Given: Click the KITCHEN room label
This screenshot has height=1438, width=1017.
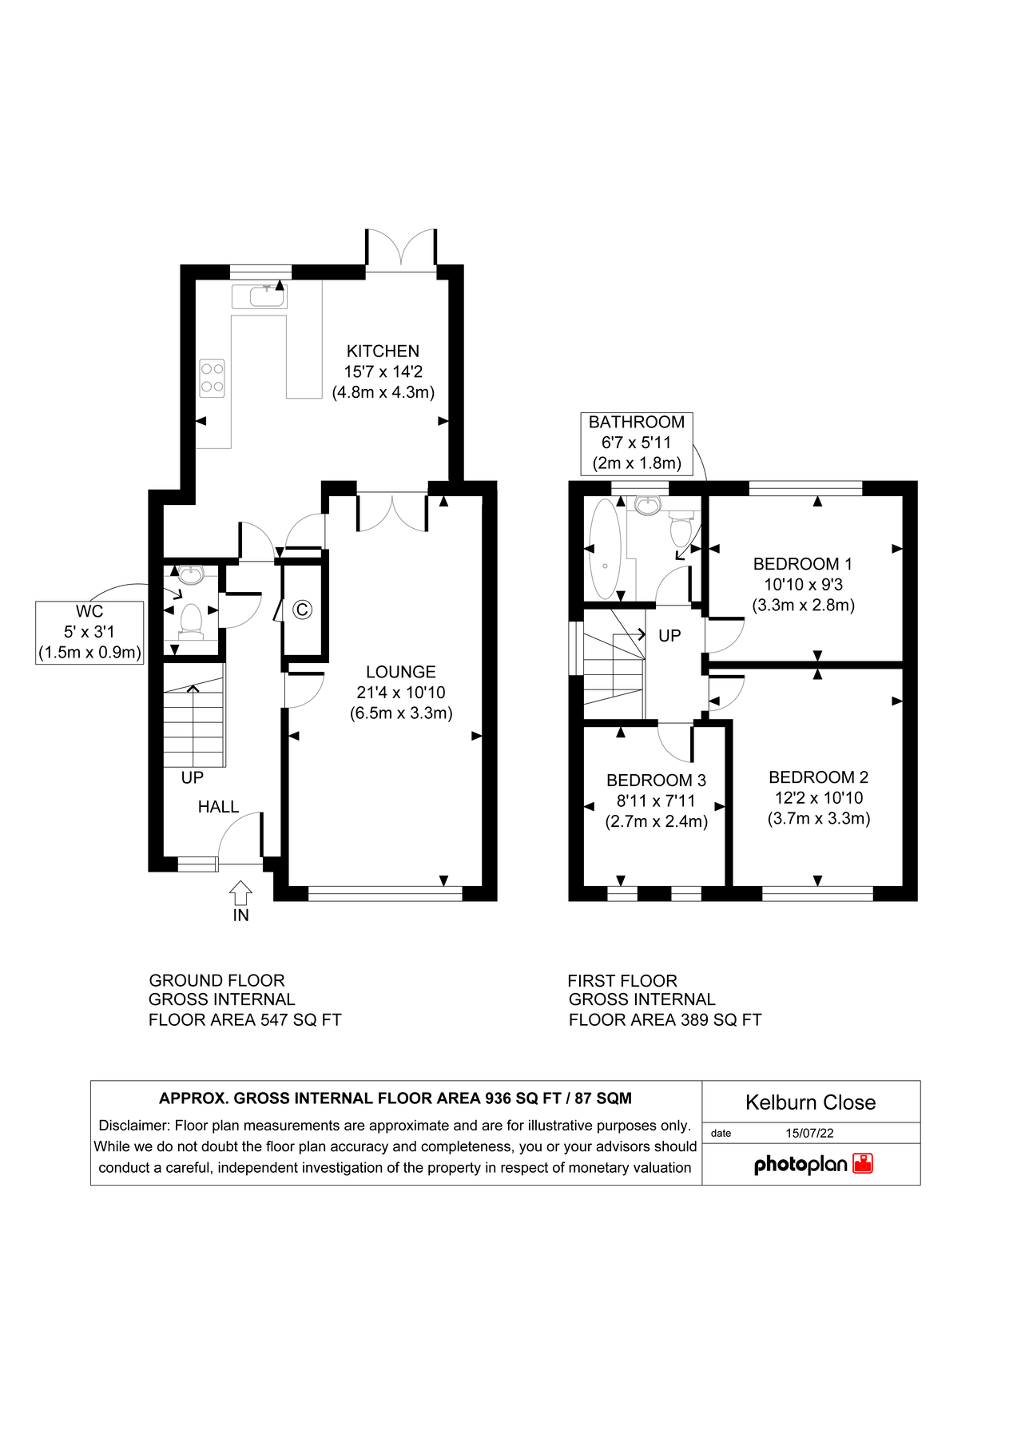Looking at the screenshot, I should [x=383, y=352].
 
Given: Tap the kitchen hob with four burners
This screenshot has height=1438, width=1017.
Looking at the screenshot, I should [x=213, y=378].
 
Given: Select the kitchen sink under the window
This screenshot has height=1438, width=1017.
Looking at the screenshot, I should [x=260, y=296].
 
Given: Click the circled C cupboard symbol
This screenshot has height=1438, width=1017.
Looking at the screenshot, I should [x=302, y=610].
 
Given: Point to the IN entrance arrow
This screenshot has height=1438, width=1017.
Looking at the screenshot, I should [x=240, y=893].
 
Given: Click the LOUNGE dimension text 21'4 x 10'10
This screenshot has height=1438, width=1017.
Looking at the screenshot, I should [x=401, y=693].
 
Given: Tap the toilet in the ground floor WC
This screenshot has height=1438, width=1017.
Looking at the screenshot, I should [x=191, y=620].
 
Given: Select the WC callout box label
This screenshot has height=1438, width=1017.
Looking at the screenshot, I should [x=89, y=632].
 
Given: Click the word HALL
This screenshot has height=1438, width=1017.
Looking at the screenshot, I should [x=218, y=807].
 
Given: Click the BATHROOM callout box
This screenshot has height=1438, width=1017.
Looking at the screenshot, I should [x=637, y=443].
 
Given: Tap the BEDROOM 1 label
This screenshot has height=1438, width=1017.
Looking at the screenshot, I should [x=802, y=564].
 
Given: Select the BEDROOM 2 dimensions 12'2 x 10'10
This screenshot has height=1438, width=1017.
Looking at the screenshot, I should [x=819, y=798].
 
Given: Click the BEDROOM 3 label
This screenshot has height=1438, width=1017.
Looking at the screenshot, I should [x=656, y=781].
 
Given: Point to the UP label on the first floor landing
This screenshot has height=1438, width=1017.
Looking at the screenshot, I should [x=669, y=636].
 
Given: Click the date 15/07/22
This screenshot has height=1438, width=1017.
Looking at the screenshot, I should [x=809, y=1133].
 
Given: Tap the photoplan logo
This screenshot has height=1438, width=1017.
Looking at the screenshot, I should [x=812, y=1164].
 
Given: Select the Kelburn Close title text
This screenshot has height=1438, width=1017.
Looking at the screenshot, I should [x=810, y=1102].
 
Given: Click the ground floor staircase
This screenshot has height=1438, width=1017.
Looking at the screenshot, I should [x=194, y=723].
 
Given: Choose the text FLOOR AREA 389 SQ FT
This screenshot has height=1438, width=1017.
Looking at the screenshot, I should [x=665, y=1020].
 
